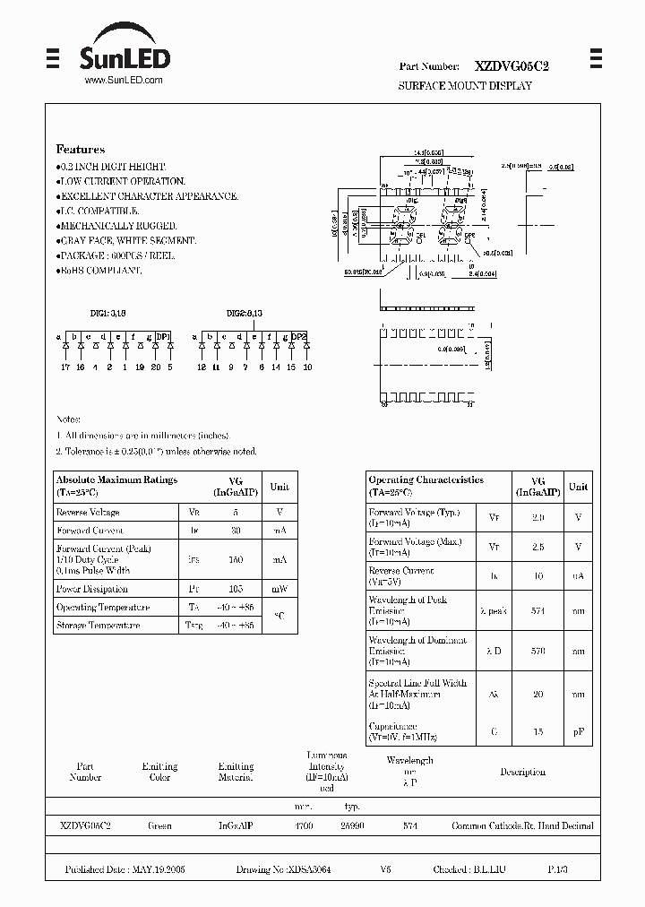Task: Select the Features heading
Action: [x=81, y=150]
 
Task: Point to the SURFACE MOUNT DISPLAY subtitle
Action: [x=465, y=86]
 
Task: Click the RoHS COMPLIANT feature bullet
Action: [x=99, y=270]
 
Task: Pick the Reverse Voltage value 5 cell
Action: [x=236, y=513]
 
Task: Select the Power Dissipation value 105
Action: [x=236, y=589]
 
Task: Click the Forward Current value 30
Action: [x=236, y=531]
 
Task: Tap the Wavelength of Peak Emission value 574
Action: [x=537, y=610]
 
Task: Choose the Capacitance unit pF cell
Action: [x=579, y=732]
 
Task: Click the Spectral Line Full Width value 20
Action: [x=537, y=694]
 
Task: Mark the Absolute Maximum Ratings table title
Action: [x=116, y=480]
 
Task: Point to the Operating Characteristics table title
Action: [x=426, y=480]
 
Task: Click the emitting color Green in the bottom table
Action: [x=159, y=826]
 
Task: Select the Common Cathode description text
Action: [x=522, y=826]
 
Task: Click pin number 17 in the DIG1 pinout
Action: [x=65, y=367]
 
